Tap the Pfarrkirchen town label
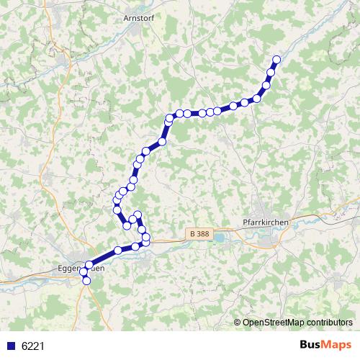pos(267,223)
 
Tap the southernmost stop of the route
pos(87,281)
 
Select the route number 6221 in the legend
pos(33,346)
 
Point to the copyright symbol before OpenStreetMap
pos(238,322)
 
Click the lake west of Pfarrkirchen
pos(224,235)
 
